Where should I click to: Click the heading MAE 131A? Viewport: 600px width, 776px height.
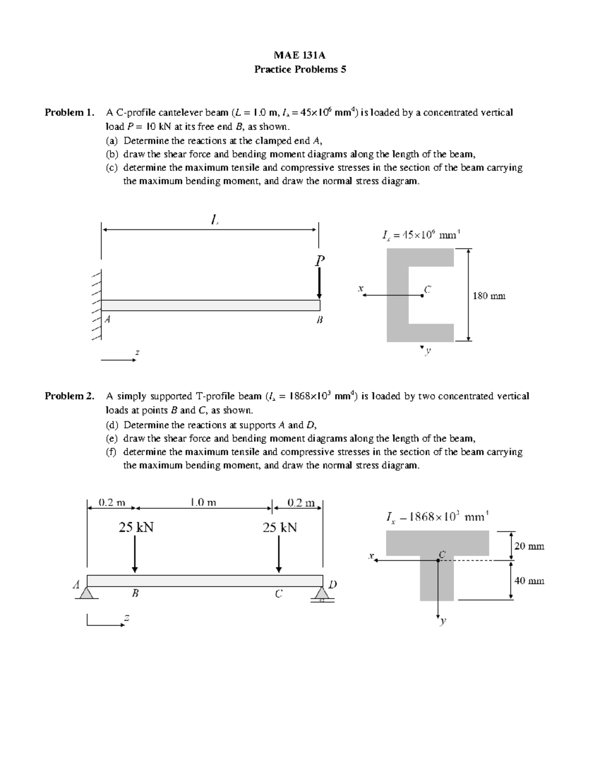point(300,55)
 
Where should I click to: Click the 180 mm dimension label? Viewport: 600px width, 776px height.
point(489,296)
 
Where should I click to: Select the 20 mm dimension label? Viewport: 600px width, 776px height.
point(529,546)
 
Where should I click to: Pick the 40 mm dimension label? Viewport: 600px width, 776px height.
point(529,581)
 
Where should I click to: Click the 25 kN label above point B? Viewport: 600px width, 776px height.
point(135,527)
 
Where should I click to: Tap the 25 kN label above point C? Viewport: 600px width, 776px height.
point(279,527)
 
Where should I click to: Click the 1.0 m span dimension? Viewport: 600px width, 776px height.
point(203,502)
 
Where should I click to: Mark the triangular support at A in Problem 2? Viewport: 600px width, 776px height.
point(87,593)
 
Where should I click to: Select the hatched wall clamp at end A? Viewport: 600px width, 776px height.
point(96,305)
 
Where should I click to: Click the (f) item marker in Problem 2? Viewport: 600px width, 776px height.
point(110,452)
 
